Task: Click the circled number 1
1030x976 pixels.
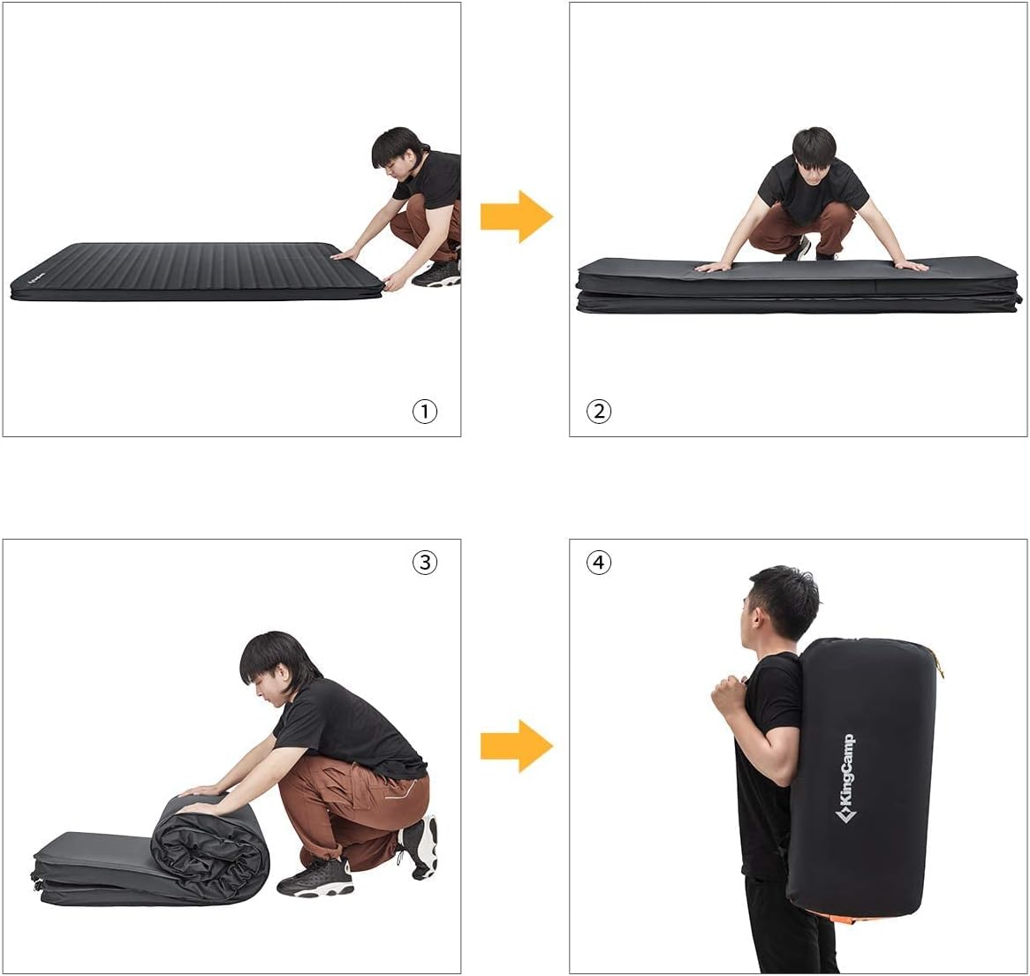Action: click(x=425, y=411)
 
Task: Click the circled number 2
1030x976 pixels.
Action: click(x=599, y=411)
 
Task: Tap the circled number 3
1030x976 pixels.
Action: click(x=425, y=562)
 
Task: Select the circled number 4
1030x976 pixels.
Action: click(x=599, y=562)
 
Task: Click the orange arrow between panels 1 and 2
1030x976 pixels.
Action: click(x=516, y=216)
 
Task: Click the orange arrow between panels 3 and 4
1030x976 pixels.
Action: click(x=516, y=745)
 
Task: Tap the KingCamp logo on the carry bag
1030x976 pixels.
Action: click(x=845, y=777)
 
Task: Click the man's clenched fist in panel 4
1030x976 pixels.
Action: click(x=730, y=694)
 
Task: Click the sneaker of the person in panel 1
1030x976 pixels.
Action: click(x=435, y=272)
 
